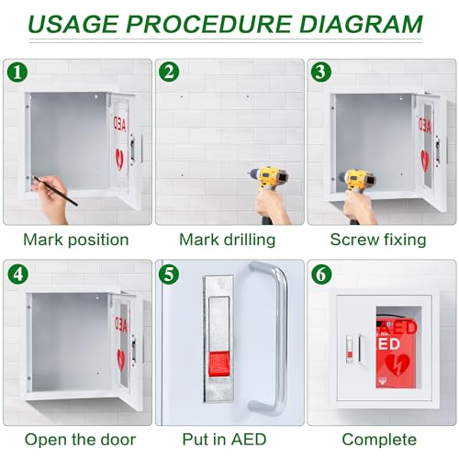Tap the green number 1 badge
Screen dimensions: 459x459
point(17,72)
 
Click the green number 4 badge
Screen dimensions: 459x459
point(17,274)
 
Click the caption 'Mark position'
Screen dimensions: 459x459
point(76,240)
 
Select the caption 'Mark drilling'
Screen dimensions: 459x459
point(227,240)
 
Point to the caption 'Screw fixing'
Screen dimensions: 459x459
point(378,240)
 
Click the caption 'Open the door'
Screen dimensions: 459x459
point(80,439)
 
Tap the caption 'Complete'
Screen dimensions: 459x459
point(378,439)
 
